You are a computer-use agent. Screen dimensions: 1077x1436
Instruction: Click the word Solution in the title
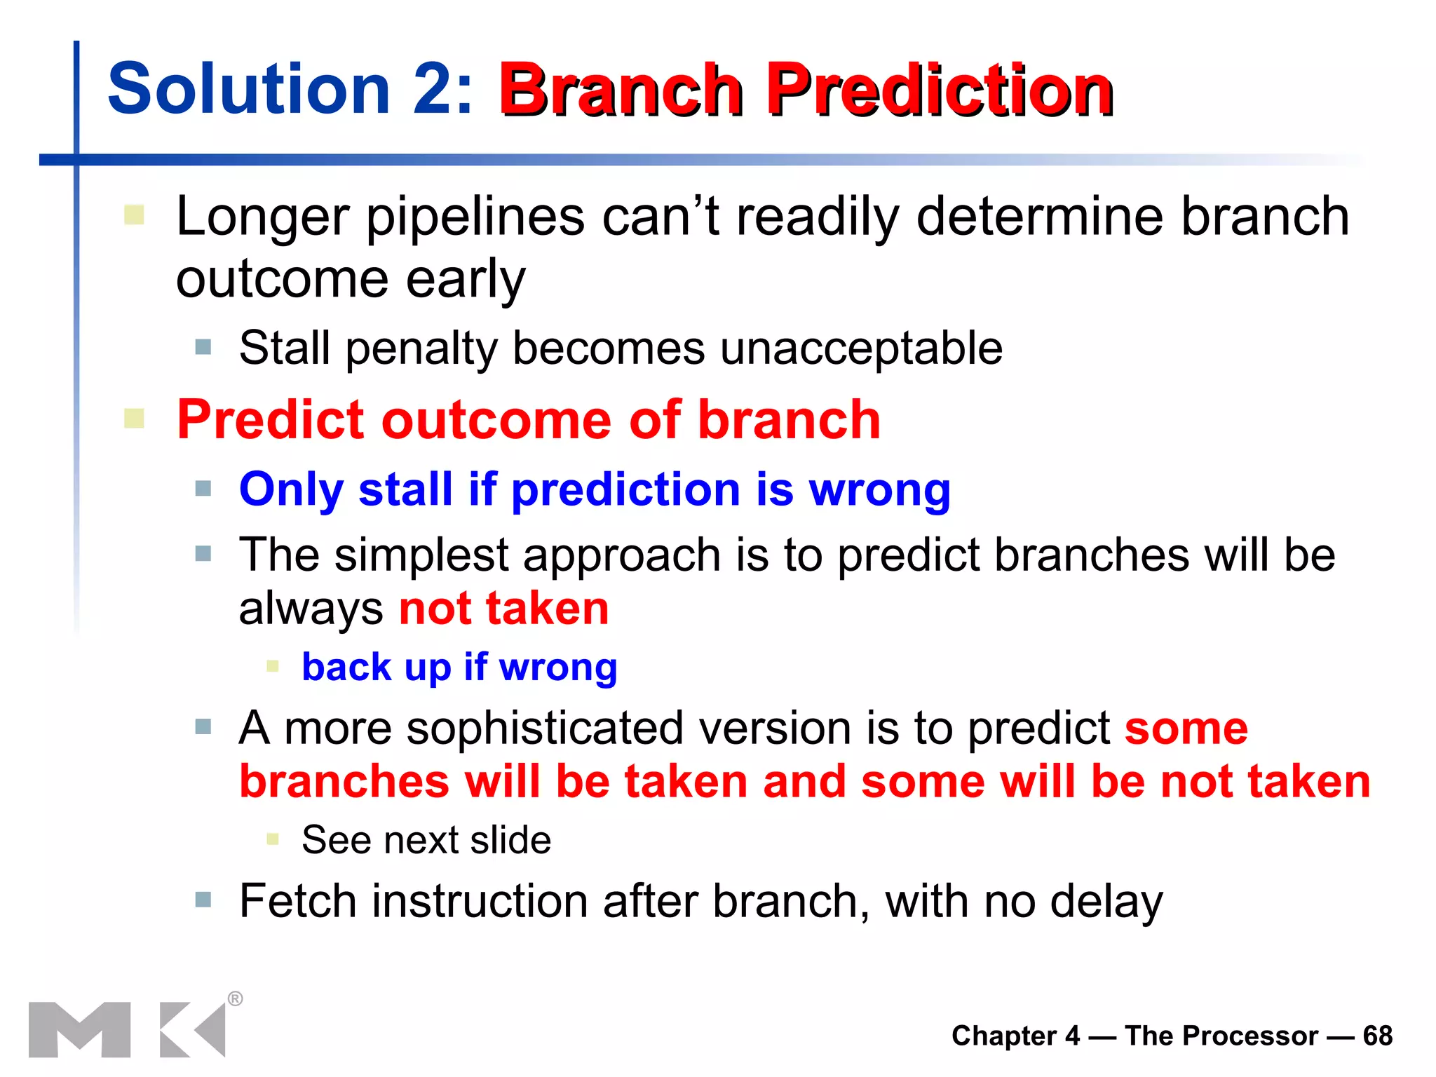point(249,89)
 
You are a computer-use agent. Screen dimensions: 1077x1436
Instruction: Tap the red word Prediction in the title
point(940,90)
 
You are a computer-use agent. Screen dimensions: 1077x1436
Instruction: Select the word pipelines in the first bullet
point(475,217)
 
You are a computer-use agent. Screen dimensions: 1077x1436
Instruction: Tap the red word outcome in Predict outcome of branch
point(496,420)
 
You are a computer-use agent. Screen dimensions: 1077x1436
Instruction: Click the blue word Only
point(291,489)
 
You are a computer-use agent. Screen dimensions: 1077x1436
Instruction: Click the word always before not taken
point(311,608)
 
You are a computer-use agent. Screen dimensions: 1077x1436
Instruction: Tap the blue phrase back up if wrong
point(459,667)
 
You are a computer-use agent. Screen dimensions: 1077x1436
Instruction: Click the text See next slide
point(426,840)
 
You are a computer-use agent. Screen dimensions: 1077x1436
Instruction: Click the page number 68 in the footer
point(1377,1036)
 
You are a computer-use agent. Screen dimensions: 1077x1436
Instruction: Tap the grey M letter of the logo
point(79,1029)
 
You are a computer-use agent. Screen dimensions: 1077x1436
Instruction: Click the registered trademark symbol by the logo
point(236,998)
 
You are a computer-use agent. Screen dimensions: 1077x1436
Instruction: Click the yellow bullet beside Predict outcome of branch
point(134,419)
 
